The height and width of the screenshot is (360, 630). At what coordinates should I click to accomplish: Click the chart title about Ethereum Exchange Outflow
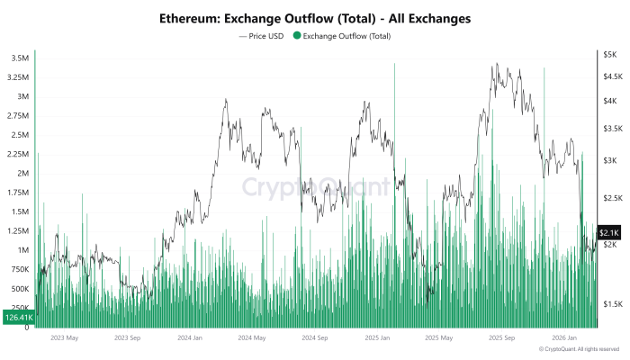(x=314, y=18)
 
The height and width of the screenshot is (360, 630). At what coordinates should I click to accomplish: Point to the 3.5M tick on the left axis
(x=19, y=58)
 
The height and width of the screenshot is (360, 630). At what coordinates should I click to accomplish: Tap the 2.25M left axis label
(x=17, y=154)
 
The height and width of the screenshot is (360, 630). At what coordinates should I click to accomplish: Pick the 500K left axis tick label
(x=18, y=288)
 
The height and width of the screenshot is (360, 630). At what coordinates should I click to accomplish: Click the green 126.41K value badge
(x=17, y=317)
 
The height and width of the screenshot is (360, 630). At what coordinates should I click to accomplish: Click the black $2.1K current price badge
(x=607, y=232)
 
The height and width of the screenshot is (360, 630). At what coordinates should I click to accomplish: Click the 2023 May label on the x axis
(x=65, y=338)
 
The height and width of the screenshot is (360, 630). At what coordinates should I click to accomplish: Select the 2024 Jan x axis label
(x=189, y=338)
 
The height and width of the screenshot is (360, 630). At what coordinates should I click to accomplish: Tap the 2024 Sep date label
(x=315, y=338)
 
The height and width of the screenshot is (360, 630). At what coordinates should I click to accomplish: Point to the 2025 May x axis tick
(x=438, y=338)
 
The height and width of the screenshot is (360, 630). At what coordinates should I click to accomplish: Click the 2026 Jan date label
(x=564, y=338)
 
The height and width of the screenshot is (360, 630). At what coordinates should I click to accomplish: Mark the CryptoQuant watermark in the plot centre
(x=315, y=187)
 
